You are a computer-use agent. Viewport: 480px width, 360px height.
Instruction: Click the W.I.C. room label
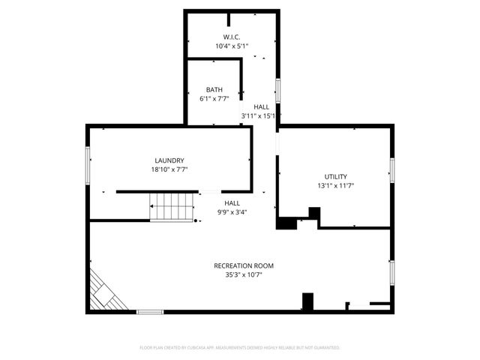click(231, 37)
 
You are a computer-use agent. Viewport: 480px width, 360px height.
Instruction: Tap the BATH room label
click(214, 89)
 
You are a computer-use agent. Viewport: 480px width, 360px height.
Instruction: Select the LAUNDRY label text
click(169, 160)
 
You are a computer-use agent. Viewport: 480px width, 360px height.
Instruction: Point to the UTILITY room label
click(335, 175)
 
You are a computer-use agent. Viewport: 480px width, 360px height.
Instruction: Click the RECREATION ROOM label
click(244, 265)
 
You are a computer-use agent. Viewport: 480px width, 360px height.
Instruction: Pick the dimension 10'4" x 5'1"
click(231, 46)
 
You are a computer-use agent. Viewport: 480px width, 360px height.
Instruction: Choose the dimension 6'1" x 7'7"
click(214, 98)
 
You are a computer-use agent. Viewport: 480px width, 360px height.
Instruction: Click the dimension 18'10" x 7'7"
click(169, 169)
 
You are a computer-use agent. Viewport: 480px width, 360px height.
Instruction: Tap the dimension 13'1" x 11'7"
click(335, 184)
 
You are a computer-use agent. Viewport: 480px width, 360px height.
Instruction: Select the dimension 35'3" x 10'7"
click(244, 274)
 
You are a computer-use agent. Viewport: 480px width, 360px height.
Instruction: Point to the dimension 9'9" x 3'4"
click(232, 211)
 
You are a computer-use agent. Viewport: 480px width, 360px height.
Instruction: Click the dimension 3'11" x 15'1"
click(260, 115)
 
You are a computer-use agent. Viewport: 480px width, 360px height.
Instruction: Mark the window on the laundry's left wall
click(88, 164)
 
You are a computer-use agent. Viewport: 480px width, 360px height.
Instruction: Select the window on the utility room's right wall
click(391, 170)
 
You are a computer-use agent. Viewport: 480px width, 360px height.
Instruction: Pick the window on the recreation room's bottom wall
click(150, 311)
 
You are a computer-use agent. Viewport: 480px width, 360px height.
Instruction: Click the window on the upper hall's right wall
click(278, 90)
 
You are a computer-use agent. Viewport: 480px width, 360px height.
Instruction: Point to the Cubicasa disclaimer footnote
click(240, 348)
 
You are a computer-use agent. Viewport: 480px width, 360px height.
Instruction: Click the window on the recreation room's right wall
click(391, 271)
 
